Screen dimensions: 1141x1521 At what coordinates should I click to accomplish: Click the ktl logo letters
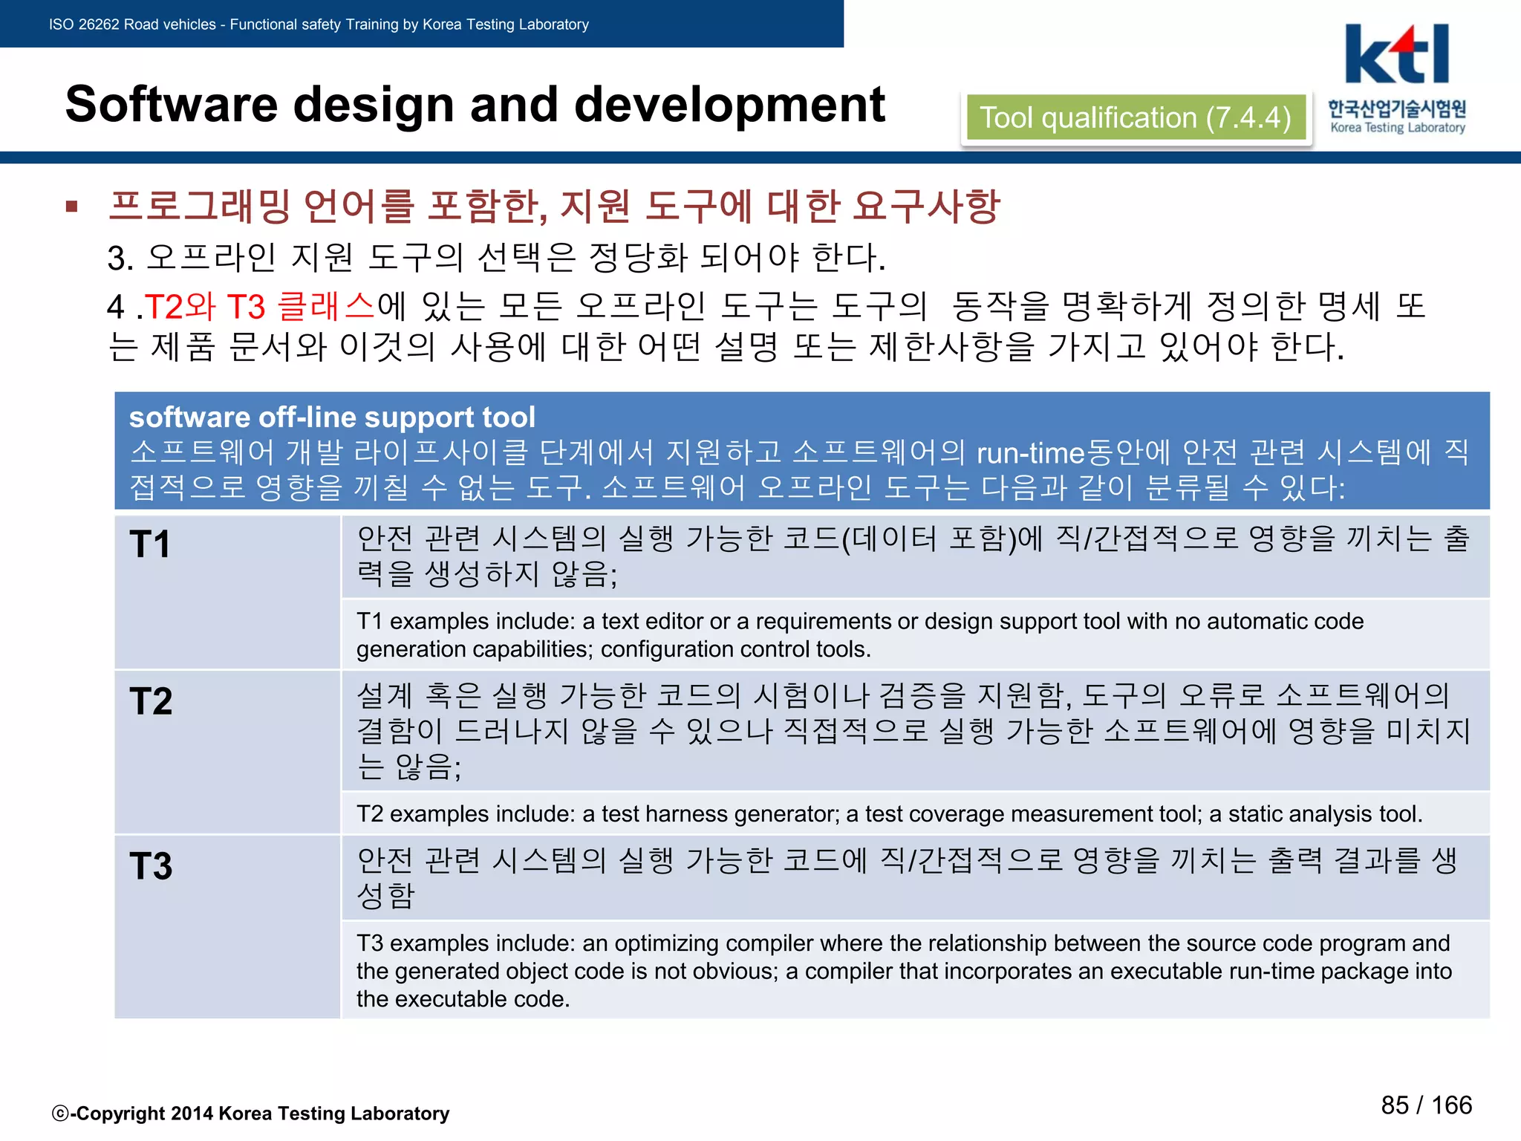point(1396,55)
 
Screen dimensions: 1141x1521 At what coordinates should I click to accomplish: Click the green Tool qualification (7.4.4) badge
point(1135,118)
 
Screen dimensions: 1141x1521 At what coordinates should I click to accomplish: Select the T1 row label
point(150,544)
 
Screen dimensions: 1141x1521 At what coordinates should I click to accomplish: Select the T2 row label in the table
point(151,700)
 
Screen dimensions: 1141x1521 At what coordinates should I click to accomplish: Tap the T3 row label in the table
point(151,865)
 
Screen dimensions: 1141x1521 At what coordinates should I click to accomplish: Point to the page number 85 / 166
point(1426,1105)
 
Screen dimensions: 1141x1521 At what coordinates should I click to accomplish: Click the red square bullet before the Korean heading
point(72,207)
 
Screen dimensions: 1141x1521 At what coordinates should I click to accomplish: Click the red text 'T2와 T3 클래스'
point(260,306)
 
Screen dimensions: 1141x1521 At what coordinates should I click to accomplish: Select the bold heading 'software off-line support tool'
point(332,417)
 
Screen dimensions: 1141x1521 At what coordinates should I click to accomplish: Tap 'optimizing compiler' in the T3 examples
point(667,943)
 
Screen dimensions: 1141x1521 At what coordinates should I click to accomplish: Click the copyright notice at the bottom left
point(251,1114)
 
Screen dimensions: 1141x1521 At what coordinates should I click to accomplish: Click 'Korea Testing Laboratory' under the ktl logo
point(1398,128)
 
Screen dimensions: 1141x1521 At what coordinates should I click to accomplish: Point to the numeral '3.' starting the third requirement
point(120,259)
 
